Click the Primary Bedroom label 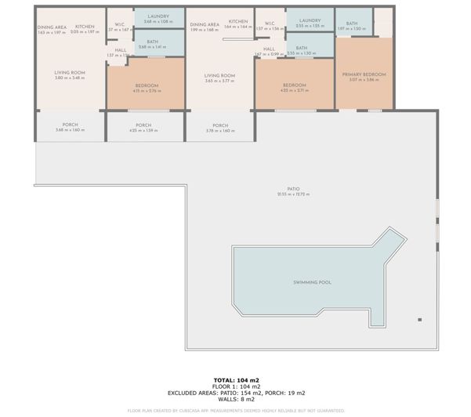click(364, 74)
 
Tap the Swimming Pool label click(310, 281)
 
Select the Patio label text click(294, 189)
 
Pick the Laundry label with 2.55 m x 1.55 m click(310, 20)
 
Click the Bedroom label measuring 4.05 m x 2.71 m click(294, 85)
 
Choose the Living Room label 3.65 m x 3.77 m click(219, 77)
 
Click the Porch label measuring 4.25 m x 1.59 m click(143, 125)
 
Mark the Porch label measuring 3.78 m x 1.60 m click(219, 125)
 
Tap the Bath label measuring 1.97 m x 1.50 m click(352, 24)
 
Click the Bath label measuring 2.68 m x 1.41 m click(152, 42)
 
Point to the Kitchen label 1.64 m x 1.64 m click(238, 22)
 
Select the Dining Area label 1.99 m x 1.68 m click(205, 24)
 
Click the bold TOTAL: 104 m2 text click(235, 379)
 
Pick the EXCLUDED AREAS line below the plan click(235, 392)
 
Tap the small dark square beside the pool click(420, 320)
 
